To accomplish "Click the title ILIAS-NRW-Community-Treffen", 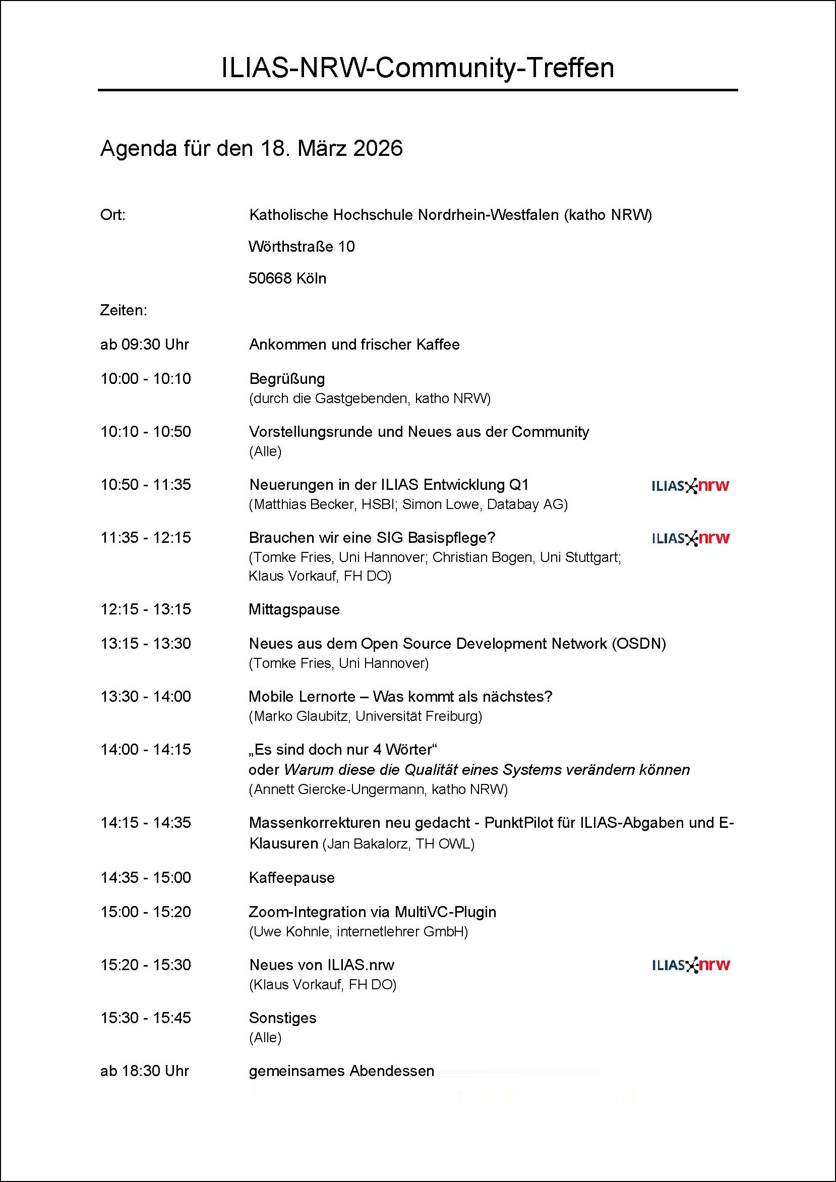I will pyautogui.click(x=417, y=68).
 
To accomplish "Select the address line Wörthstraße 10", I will pyautogui.click(x=302, y=247).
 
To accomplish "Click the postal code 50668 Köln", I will pyautogui.click(x=287, y=278).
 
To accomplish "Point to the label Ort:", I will pyautogui.click(x=113, y=215).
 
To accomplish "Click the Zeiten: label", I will pyautogui.click(x=124, y=311).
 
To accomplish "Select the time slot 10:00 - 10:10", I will pyautogui.click(x=146, y=379).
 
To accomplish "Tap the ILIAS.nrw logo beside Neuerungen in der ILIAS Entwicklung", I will pyautogui.click(x=690, y=486).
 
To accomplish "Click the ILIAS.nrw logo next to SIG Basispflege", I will pyautogui.click(x=690, y=538).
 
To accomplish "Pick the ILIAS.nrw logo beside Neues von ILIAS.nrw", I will pyautogui.click(x=690, y=965).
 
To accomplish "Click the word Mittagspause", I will pyautogui.click(x=294, y=609).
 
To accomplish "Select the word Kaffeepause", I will pyautogui.click(x=292, y=878).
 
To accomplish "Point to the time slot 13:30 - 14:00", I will pyautogui.click(x=146, y=696).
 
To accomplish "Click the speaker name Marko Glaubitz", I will pyautogui.click(x=301, y=716).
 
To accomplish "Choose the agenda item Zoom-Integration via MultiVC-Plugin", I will pyautogui.click(x=372, y=912).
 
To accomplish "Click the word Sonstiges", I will pyautogui.click(x=282, y=1018).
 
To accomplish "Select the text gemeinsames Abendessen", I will pyautogui.click(x=341, y=1072).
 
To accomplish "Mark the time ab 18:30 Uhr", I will pyautogui.click(x=145, y=1072).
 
